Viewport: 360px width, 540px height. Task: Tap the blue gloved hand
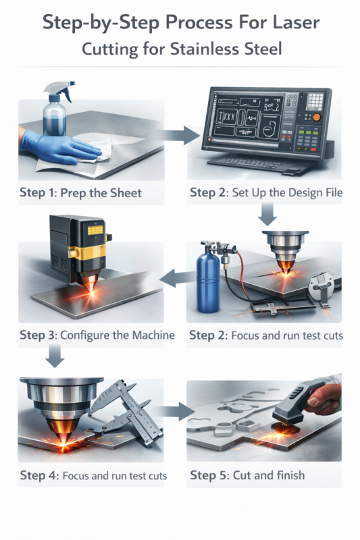point(59,148)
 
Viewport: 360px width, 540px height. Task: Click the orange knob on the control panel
point(316,117)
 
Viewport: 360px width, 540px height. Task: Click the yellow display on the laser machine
point(95,230)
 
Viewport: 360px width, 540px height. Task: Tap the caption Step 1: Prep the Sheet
point(80,193)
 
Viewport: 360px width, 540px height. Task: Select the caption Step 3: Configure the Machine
point(97,335)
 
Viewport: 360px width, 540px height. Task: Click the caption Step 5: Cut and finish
point(247,475)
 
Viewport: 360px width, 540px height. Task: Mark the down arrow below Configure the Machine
point(55,356)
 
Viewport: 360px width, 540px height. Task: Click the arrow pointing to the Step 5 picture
point(174,411)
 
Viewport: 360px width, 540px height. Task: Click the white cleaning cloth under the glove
point(93,151)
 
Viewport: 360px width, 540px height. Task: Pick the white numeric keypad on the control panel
point(315,101)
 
